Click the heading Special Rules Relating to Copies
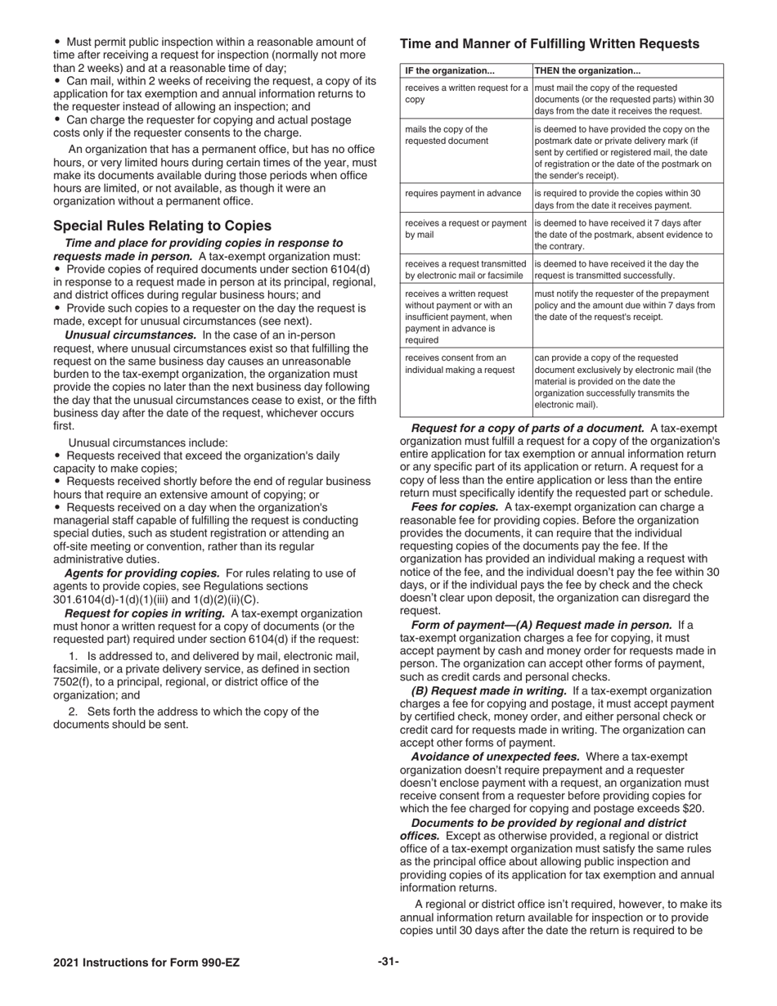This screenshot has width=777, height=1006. [x=163, y=226]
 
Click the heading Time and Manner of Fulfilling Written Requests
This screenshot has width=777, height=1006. [x=549, y=44]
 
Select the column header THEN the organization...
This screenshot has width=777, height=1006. [x=587, y=70]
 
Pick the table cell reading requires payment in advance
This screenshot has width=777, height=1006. [x=463, y=193]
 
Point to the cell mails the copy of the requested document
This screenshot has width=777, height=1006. [x=447, y=135]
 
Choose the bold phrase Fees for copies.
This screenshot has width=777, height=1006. [x=455, y=508]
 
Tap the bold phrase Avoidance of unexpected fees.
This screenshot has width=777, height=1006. [x=496, y=757]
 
